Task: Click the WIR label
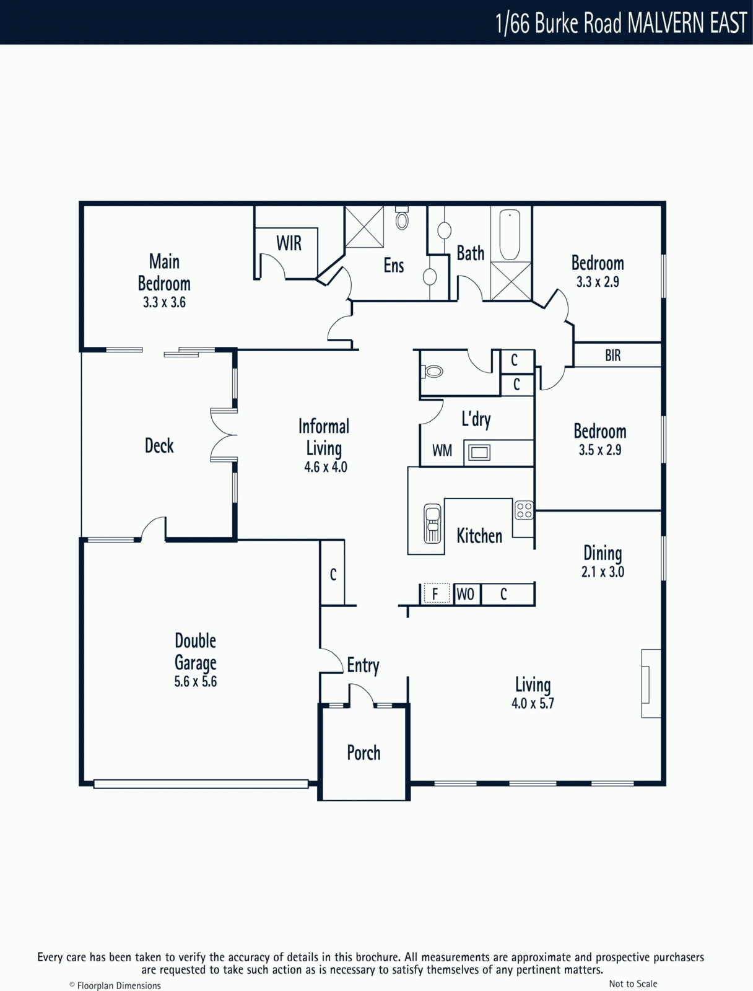pyautogui.click(x=289, y=243)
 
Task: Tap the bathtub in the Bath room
pyautogui.click(x=510, y=234)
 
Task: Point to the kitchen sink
pyautogui.click(x=432, y=523)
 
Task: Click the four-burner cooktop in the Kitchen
pyautogui.click(x=524, y=510)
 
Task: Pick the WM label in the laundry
pyautogui.click(x=442, y=450)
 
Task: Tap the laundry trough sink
pyautogui.click(x=479, y=452)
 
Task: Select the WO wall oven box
pyautogui.click(x=466, y=594)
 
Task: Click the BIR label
pyautogui.click(x=612, y=356)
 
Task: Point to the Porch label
pyautogui.click(x=363, y=753)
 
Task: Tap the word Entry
pyautogui.click(x=363, y=665)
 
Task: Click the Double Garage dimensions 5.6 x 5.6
pyautogui.click(x=195, y=681)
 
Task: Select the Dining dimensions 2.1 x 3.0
pyautogui.click(x=603, y=572)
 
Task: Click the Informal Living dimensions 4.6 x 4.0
pyautogui.click(x=326, y=467)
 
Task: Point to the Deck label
pyautogui.click(x=159, y=445)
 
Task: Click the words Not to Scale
pyautogui.click(x=633, y=980)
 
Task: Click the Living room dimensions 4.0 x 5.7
pyautogui.click(x=533, y=704)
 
